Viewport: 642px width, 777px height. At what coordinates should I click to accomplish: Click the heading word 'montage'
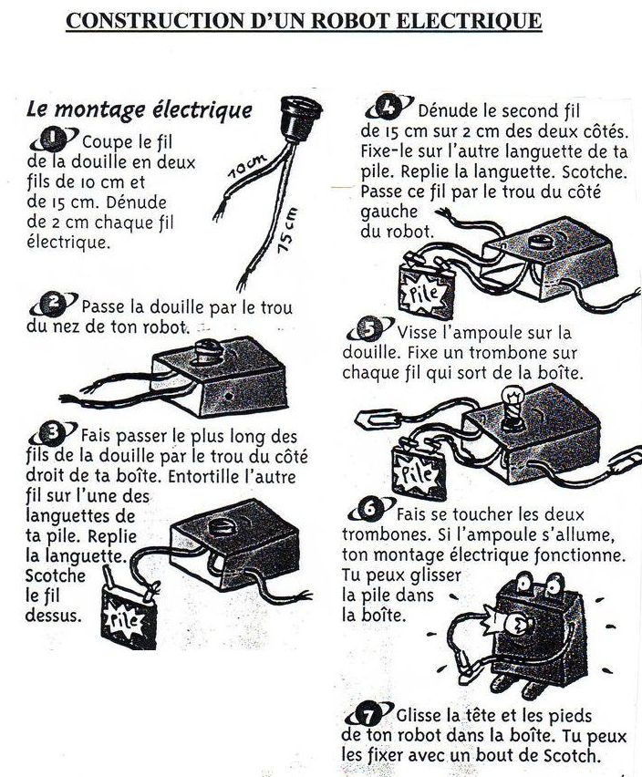point(99,109)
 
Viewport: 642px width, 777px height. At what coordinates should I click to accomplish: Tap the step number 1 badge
point(54,140)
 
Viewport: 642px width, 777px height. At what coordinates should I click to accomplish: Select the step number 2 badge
point(54,304)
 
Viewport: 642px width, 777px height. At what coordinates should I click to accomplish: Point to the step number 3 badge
point(53,433)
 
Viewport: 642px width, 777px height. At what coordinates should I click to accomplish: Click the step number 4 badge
point(388,108)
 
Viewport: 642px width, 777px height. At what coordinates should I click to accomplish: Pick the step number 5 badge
point(370,329)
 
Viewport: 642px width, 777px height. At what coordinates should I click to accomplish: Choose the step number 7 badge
point(369,714)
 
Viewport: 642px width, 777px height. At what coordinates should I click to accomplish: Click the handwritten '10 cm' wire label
point(247,166)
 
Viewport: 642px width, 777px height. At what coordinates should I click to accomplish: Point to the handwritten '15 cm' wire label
point(287,231)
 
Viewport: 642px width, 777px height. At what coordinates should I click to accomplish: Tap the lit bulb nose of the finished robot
point(515,626)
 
